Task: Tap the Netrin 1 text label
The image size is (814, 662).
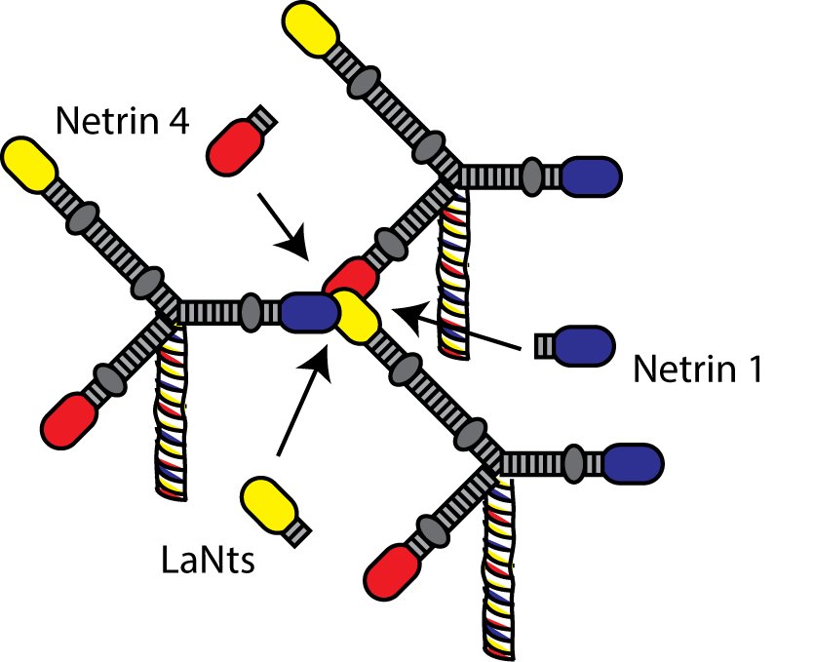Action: [697, 370]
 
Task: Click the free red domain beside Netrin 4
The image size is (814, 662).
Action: [233, 143]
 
